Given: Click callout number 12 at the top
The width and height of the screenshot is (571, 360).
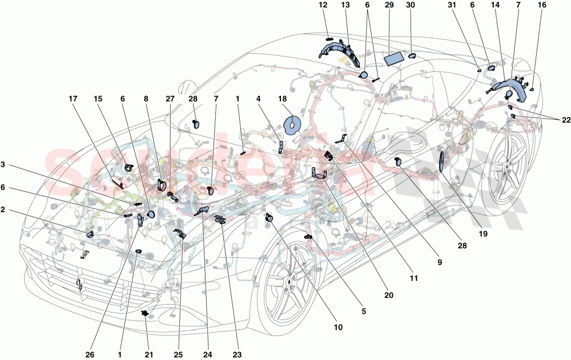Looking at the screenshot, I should point(323,5).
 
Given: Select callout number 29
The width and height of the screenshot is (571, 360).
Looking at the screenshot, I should point(389,5).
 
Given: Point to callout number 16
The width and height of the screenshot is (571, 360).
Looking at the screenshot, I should point(541,5).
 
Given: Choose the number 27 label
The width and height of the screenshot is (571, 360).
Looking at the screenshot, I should point(170,99).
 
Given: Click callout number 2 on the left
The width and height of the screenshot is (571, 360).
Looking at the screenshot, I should point(5,209).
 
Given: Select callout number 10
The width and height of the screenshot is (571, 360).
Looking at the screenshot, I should point(337,327).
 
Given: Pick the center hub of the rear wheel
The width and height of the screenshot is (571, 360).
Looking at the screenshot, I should point(506,166).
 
